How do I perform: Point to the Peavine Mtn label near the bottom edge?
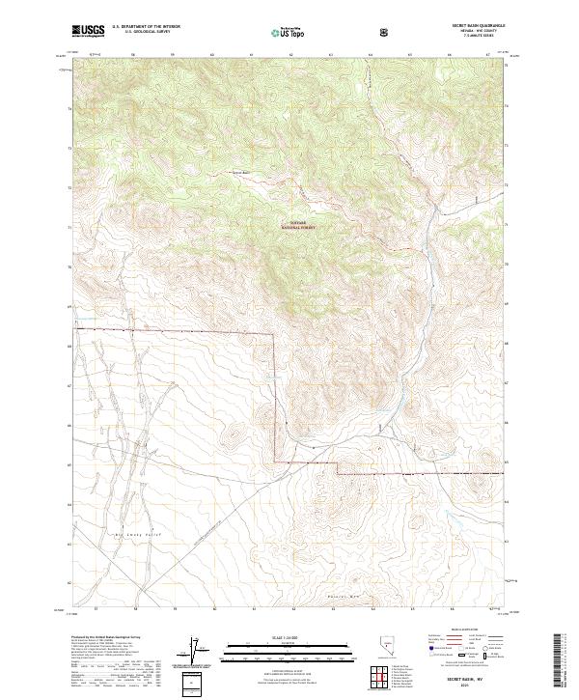tap(344, 596)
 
